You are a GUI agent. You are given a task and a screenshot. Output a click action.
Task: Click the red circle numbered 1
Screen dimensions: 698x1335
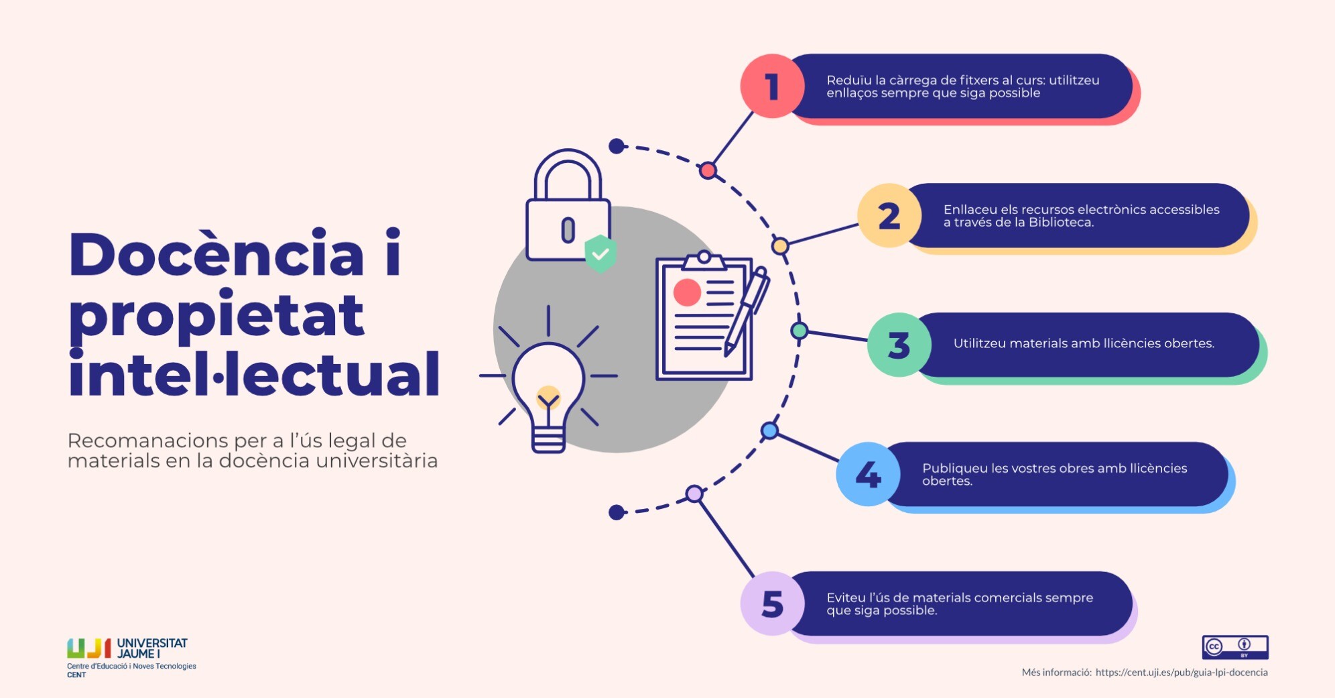point(772,86)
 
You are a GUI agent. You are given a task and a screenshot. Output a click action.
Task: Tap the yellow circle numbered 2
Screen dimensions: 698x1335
point(889,216)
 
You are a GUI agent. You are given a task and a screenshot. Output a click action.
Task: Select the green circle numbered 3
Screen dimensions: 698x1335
point(899,345)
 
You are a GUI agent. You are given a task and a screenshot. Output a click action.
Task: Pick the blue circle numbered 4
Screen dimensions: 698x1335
point(869,474)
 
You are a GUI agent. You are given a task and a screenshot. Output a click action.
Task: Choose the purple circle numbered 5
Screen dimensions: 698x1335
point(772,603)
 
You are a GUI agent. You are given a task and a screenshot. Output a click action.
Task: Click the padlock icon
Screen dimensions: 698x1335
point(568,208)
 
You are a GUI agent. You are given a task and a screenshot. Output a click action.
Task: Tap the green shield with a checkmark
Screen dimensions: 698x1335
point(600,253)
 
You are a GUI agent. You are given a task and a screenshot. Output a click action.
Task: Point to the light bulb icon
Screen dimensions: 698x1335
point(548,389)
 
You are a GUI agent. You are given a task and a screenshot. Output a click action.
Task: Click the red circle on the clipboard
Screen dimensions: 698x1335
point(687,292)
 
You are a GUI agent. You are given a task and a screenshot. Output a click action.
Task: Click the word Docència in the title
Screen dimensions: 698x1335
point(216,255)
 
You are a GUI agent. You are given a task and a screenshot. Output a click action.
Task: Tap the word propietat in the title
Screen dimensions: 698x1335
point(216,315)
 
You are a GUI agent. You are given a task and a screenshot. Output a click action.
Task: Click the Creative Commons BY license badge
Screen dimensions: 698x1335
point(1234,647)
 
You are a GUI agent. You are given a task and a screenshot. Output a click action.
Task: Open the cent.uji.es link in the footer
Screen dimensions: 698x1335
point(1181,673)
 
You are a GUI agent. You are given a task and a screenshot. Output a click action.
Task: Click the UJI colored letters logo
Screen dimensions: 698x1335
point(88,648)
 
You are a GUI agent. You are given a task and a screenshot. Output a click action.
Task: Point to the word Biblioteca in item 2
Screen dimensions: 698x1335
point(1060,223)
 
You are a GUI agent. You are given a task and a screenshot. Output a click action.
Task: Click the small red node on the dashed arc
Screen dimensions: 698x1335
point(708,170)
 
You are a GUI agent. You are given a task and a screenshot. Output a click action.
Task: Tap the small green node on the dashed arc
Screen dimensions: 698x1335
point(799,331)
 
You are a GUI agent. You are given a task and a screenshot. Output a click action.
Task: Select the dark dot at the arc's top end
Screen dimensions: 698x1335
point(617,146)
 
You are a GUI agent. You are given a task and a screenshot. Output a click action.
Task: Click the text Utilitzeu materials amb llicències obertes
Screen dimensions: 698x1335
point(1084,343)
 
